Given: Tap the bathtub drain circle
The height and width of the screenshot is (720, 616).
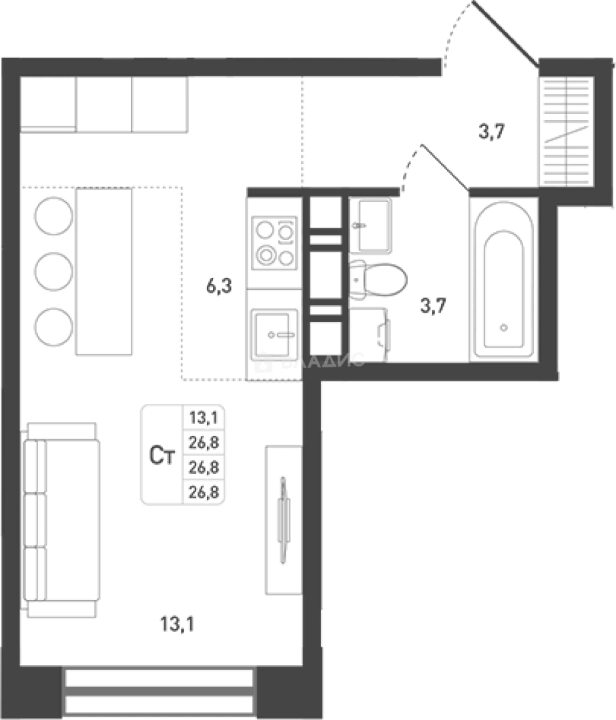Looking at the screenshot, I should pyautogui.click(x=504, y=327).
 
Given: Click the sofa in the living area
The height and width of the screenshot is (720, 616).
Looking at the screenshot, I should pyautogui.click(x=61, y=520).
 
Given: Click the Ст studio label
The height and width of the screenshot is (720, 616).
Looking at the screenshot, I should pyautogui.click(x=162, y=456).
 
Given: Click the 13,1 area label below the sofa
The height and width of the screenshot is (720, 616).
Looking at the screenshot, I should pyautogui.click(x=178, y=625).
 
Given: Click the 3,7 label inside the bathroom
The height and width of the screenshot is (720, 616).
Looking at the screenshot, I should pyautogui.click(x=433, y=307).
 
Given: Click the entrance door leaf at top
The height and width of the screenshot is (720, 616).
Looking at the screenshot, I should pyautogui.click(x=505, y=33).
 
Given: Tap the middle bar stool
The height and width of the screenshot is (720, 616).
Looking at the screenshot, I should pyautogui.click(x=54, y=271).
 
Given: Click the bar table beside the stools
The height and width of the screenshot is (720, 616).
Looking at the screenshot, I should pyautogui.click(x=103, y=271).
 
